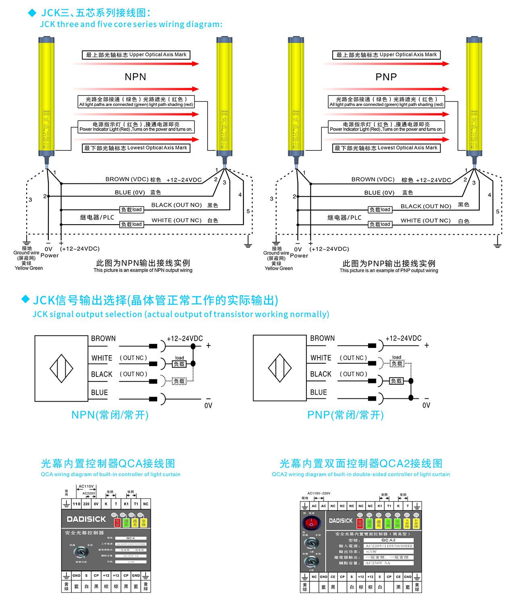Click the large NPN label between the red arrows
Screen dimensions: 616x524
(x=135, y=77)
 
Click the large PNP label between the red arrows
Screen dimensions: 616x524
(x=386, y=77)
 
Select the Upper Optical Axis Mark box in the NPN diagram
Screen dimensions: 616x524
(x=136, y=55)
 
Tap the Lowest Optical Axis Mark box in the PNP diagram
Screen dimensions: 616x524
(x=386, y=148)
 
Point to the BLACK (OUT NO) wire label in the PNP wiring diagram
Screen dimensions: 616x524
(x=426, y=206)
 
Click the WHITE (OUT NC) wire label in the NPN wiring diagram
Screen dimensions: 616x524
(x=176, y=221)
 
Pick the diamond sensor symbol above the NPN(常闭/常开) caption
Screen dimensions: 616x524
(x=61, y=368)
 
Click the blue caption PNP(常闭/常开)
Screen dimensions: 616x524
(x=345, y=415)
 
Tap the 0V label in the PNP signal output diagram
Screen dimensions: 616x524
(x=426, y=405)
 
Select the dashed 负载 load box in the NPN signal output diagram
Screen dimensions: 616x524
(x=179, y=381)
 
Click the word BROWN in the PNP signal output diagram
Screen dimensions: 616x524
(x=322, y=338)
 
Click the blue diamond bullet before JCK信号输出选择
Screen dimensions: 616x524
(x=25, y=299)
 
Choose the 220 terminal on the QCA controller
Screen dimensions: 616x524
(x=86, y=504)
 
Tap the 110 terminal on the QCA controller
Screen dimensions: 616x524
(x=77, y=504)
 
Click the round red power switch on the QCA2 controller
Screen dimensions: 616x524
(x=311, y=523)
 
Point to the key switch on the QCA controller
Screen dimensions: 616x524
(x=81, y=551)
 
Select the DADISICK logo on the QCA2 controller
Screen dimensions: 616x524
(x=341, y=521)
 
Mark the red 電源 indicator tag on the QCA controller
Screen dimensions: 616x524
(x=117, y=523)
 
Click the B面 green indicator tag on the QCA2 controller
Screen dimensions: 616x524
(x=397, y=524)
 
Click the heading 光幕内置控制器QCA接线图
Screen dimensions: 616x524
(x=108, y=464)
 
